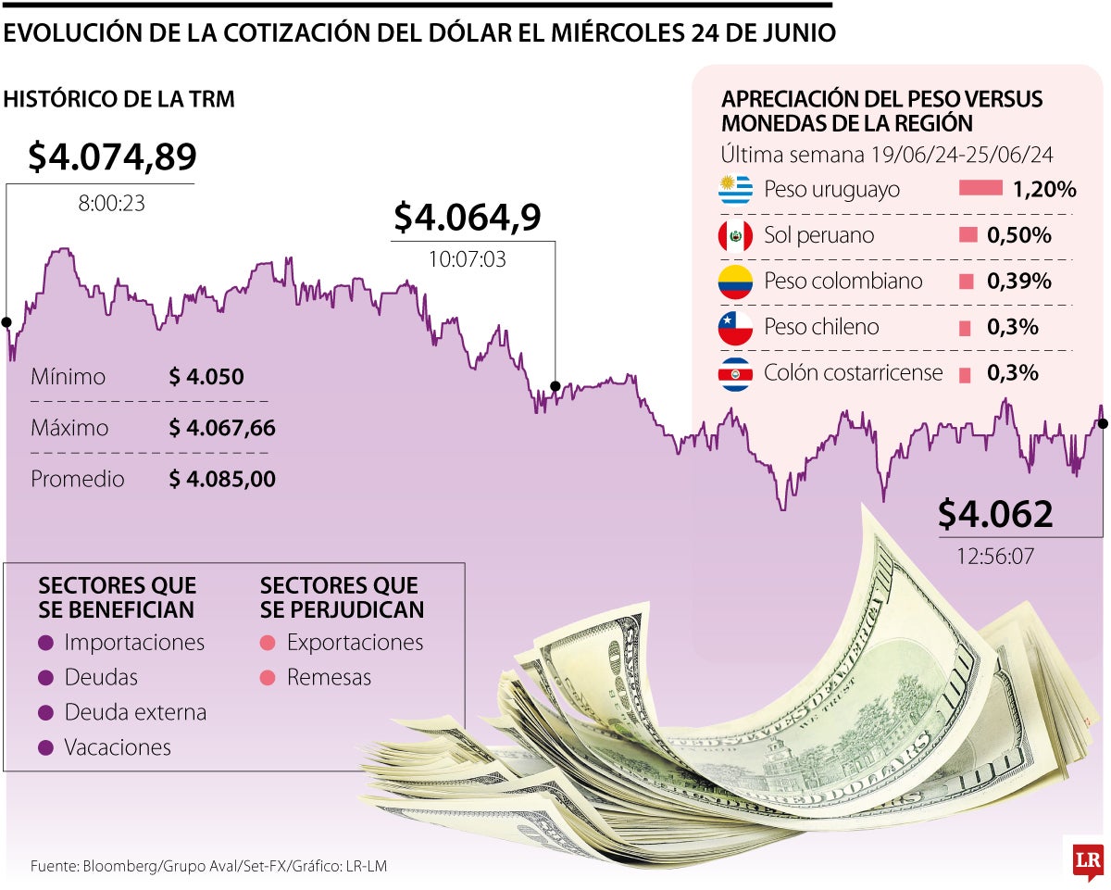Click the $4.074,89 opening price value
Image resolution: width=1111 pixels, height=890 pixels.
tap(112, 157)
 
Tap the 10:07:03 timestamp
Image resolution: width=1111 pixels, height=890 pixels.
tap(467, 259)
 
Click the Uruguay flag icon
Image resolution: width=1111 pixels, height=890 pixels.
tap(735, 190)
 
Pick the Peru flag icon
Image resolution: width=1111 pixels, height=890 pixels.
tap(735, 235)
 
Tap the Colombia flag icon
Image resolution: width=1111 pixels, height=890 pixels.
tap(735, 282)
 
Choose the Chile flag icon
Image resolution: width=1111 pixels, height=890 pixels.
tap(735, 327)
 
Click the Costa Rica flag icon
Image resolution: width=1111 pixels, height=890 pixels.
tap(735, 373)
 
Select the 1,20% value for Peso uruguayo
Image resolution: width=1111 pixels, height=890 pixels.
tap(1043, 190)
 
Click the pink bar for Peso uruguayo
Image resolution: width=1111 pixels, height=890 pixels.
tap(980, 189)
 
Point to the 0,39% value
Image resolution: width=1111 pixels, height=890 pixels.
tap(1019, 282)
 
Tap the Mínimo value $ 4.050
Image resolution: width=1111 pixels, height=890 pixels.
tap(206, 377)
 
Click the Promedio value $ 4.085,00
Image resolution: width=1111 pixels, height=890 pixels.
tap(222, 479)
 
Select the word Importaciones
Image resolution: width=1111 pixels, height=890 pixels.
tap(134, 642)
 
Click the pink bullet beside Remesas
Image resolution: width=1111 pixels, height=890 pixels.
tap(268, 678)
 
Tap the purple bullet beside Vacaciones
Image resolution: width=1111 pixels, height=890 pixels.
tap(46, 747)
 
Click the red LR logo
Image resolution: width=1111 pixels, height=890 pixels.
tap(1087, 861)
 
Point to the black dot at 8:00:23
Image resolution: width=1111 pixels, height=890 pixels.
tap(6, 322)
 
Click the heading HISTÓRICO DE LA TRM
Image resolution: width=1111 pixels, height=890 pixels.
tap(119, 99)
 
